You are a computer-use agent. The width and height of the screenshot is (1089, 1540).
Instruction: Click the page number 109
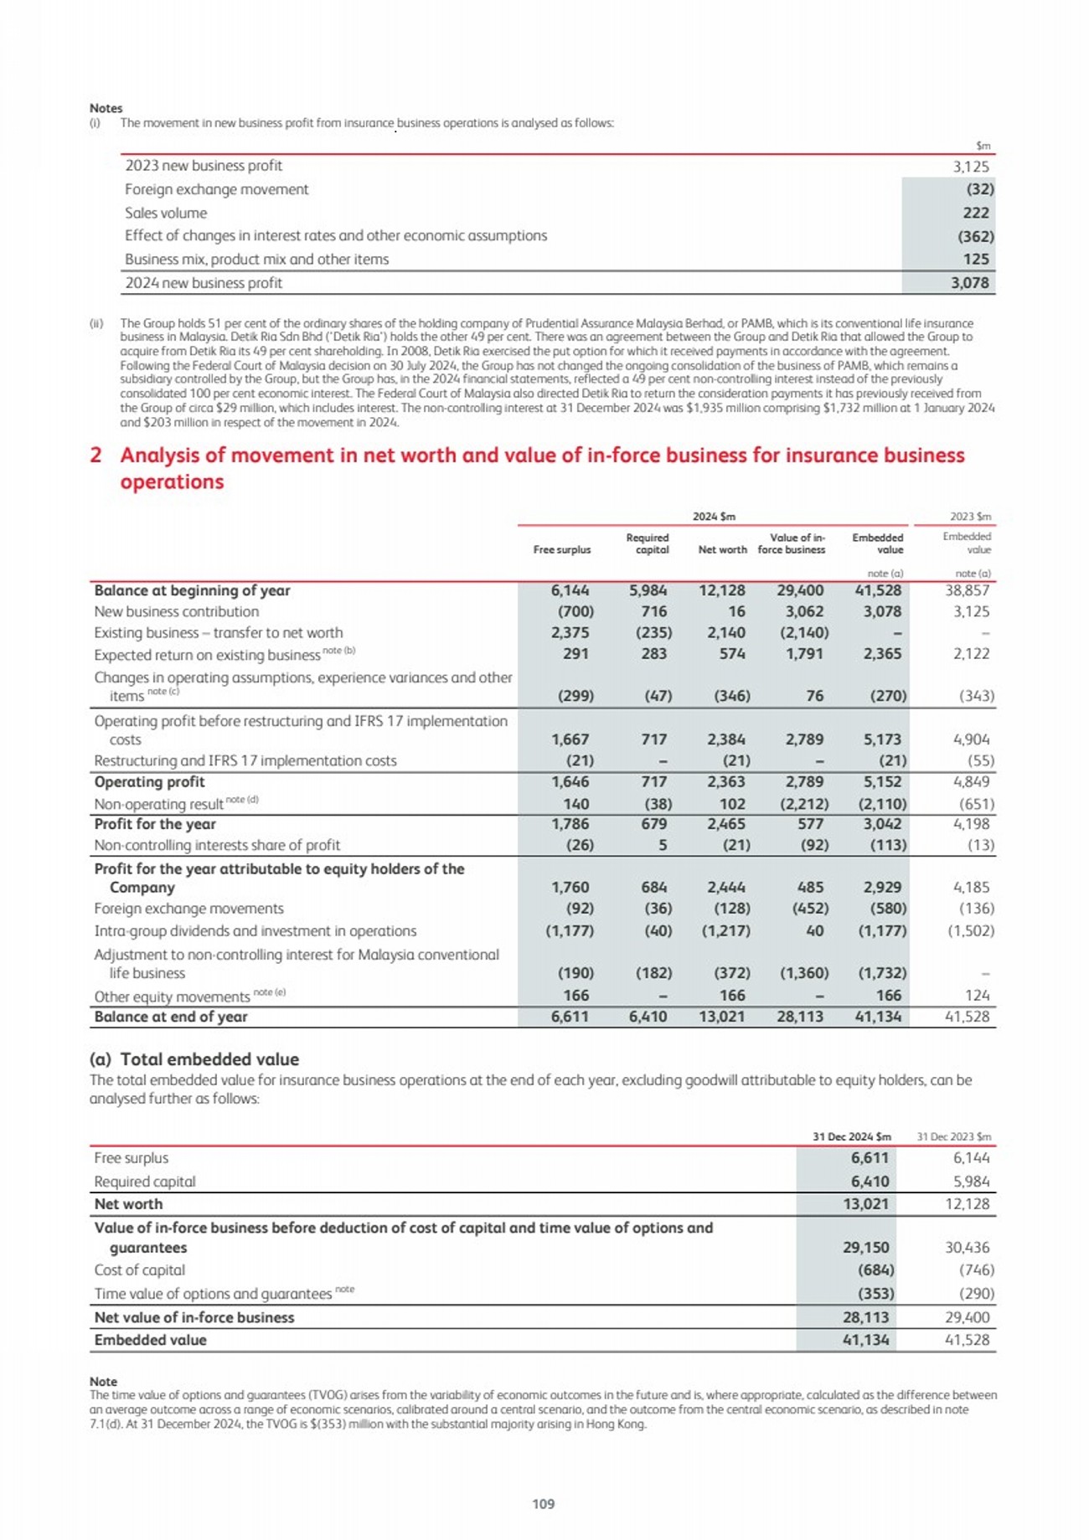pos(544,1503)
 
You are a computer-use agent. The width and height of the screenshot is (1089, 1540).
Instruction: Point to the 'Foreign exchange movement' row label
pos(216,189)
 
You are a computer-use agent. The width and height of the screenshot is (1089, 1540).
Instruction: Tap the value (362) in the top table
pos(975,236)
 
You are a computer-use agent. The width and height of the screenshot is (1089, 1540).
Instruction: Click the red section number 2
pos(95,456)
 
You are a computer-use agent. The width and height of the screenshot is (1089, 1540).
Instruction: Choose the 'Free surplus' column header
pos(561,549)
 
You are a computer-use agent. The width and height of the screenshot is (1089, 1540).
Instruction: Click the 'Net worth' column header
pos(722,549)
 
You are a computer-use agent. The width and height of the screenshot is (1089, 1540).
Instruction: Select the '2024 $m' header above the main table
pos(714,516)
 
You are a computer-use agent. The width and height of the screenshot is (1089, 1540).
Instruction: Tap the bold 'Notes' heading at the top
pos(106,108)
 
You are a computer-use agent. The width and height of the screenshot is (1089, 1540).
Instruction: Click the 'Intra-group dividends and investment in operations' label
pos(255,930)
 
